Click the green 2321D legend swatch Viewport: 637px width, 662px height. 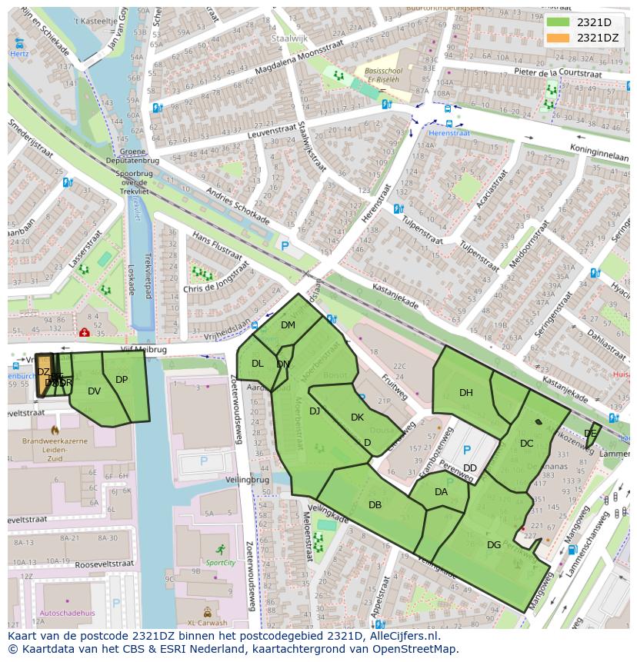[558, 22]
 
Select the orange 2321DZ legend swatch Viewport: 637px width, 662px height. [558, 37]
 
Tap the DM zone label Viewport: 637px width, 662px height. [288, 325]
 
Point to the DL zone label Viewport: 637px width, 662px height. [258, 364]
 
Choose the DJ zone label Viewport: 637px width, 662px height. [315, 411]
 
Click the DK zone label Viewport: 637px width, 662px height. [357, 417]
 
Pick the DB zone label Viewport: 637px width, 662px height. [375, 505]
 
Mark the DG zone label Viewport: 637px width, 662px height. [494, 545]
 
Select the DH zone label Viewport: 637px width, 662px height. [466, 393]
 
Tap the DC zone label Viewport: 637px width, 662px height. [526, 444]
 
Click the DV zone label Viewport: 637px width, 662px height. [94, 391]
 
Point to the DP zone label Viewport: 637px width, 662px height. [122, 380]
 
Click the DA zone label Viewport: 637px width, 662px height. [441, 492]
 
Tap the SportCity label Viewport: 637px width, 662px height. [220, 563]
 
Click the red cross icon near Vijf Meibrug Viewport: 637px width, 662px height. [84, 332]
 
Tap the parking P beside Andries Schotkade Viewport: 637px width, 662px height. [285, 246]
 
